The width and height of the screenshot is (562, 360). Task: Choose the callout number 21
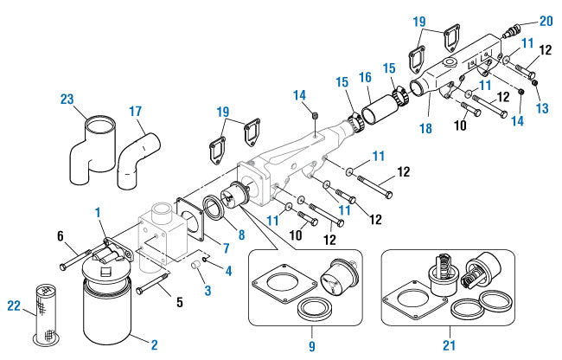(x=447, y=345)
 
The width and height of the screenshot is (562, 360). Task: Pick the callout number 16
(x=366, y=77)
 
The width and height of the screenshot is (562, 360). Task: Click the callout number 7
(x=225, y=247)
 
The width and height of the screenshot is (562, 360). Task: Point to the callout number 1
(x=99, y=213)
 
